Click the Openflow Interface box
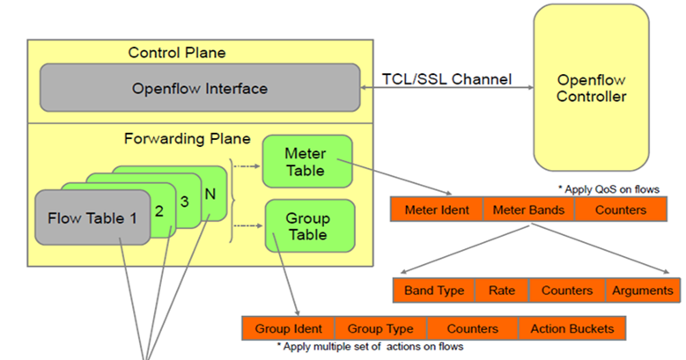(199, 88)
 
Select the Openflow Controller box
(591, 88)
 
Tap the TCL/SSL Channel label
(446, 79)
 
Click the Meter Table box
(306, 162)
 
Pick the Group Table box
(307, 226)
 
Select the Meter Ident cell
(437, 210)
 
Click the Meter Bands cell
(528, 210)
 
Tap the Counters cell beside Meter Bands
(621, 210)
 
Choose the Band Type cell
(433, 290)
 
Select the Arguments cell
(642, 290)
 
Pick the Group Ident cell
(289, 328)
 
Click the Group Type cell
(380, 328)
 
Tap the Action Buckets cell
(572, 328)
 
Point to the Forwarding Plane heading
(187, 138)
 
